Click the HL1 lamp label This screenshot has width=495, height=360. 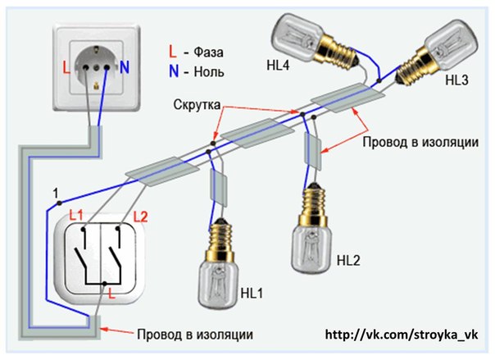click(x=252, y=294)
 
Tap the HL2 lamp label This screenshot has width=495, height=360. click(x=348, y=261)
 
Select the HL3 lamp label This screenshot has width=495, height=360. click(x=456, y=80)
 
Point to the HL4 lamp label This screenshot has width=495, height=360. click(x=278, y=66)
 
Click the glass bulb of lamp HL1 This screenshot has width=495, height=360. click(x=217, y=285)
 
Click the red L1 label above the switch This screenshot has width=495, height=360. click(x=75, y=216)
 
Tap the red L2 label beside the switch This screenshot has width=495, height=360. click(x=140, y=217)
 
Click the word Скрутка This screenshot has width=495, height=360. click(x=197, y=105)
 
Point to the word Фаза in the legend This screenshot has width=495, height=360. click(x=208, y=52)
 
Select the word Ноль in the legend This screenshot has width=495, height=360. click(x=209, y=71)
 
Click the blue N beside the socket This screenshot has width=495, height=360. click(x=125, y=67)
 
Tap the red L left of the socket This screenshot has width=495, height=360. click(x=66, y=68)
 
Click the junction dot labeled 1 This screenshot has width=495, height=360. click(x=59, y=203)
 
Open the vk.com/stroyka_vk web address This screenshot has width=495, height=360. click(x=402, y=335)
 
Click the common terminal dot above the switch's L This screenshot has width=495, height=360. click(x=105, y=283)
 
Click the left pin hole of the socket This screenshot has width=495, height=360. click(x=85, y=67)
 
